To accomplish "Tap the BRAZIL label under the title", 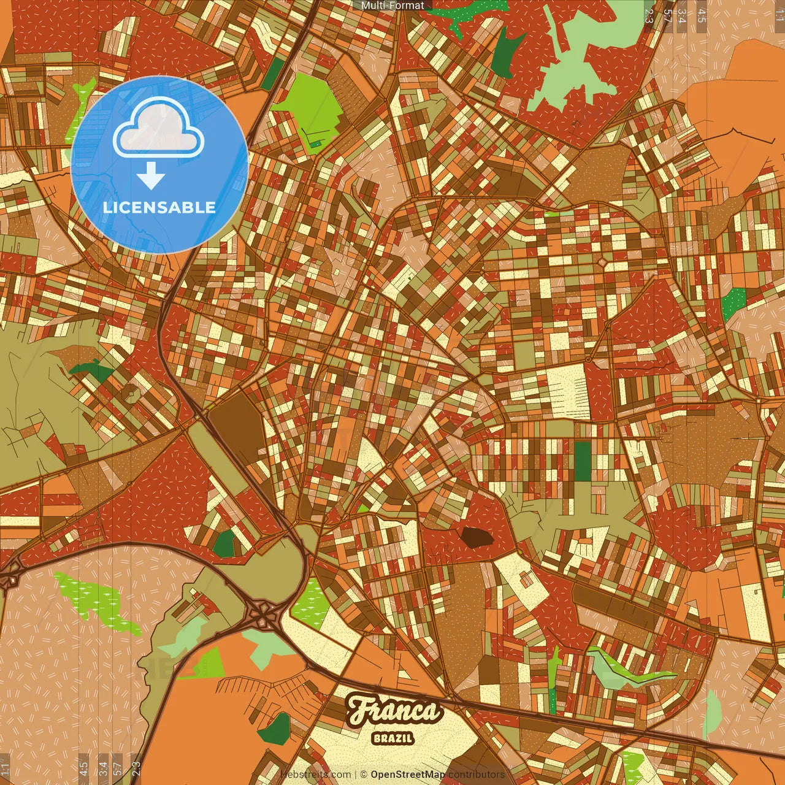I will click(393, 738).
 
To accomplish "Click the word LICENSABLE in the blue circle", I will click(159, 207).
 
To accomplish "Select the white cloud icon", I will click(159, 128).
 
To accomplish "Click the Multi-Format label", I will click(392, 6).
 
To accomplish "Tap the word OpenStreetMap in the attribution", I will click(408, 775).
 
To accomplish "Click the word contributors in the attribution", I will click(476, 775).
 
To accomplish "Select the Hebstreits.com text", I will click(315, 775).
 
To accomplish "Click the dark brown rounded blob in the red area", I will click(477, 537).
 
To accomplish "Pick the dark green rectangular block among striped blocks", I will click(582, 461).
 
